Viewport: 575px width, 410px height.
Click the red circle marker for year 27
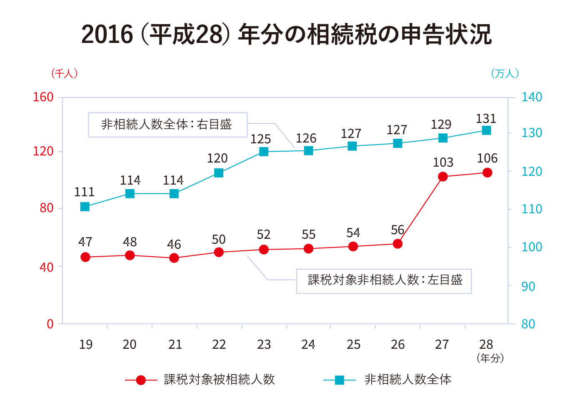click(x=442, y=177)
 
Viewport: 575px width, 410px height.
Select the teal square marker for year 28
click(x=486, y=130)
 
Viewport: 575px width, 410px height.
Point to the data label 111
click(x=85, y=192)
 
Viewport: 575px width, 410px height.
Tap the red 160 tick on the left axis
click(x=43, y=97)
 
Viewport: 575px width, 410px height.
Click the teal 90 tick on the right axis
click(x=528, y=286)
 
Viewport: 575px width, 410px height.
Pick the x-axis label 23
click(x=264, y=345)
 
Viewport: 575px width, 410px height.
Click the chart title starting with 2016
click(x=287, y=34)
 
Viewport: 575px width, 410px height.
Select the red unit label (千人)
click(x=65, y=74)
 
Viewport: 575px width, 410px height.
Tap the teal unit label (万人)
click(x=505, y=74)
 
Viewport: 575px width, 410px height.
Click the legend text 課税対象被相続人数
click(x=219, y=380)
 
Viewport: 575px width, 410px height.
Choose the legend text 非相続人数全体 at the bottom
click(x=407, y=380)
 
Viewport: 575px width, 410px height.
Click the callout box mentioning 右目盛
click(x=167, y=125)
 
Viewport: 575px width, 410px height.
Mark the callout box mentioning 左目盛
click(x=384, y=281)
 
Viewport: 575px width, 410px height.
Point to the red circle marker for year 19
click(x=85, y=257)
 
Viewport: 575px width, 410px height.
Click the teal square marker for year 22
click(x=219, y=173)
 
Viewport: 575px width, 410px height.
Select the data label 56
click(x=397, y=230)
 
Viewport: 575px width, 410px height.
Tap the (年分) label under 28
click(x=490, y=358)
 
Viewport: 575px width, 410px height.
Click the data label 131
click(x=486, y=119)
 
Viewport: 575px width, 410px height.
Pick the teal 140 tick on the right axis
click(x=532, y=97)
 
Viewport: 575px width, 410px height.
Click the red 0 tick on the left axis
click(x=50, y=324)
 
